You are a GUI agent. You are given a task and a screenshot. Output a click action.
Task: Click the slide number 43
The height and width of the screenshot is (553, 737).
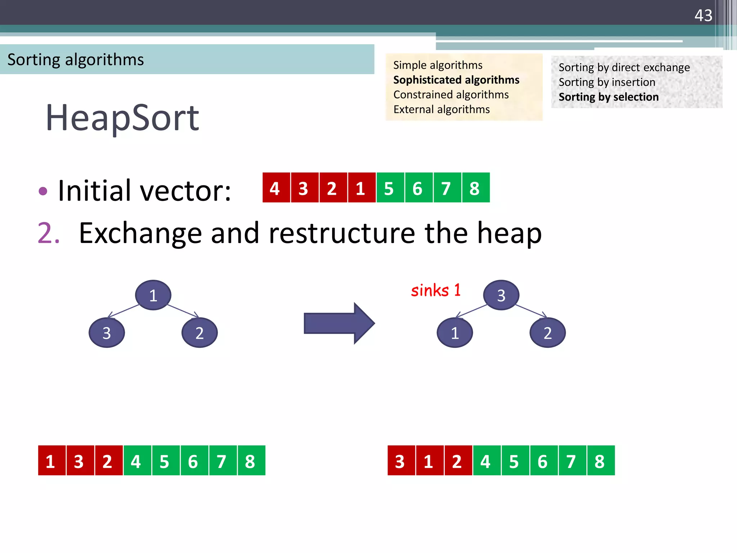pos(703,15)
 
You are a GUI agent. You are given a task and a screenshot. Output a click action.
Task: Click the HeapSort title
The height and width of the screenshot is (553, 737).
pos(122,118)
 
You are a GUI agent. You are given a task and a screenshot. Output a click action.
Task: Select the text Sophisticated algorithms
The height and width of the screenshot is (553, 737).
pos(456,80)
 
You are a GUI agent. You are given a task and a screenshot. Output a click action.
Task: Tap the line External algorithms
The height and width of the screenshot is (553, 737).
pos(441,109)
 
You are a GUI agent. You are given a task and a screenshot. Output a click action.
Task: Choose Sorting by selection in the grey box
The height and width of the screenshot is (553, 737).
pos(608,97)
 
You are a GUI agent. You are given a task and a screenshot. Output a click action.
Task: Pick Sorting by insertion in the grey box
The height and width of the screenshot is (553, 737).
pos(607,82)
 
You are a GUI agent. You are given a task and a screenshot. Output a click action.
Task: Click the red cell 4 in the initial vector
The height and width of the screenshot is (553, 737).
pos(275,188)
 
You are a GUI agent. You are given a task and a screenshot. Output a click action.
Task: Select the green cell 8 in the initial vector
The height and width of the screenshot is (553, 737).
pos(475,188)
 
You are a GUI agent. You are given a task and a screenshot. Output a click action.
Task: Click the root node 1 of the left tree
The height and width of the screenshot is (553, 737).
pos(153,295)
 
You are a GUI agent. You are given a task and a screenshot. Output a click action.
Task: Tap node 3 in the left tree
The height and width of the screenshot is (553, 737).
pos(107,333)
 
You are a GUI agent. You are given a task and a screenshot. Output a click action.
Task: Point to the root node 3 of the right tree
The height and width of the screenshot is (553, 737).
pos(501,295)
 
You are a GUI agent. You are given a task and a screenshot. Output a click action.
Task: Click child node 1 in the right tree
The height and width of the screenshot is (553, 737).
pos(455,333)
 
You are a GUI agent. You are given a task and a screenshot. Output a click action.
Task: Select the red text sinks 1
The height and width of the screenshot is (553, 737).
pos(435,290)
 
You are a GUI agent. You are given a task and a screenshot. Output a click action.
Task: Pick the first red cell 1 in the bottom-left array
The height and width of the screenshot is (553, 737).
pos(51,460)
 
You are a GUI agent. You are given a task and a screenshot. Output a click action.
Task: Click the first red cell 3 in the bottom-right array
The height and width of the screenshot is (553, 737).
pos(401,460)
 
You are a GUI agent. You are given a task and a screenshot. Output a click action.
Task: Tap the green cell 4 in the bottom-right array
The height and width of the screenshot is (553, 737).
pos(486,460)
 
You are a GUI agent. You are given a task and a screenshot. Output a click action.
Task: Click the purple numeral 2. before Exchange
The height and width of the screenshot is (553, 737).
pos(48,233)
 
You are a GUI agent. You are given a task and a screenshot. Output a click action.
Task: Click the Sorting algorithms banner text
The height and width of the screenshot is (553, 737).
pos(76,60)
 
